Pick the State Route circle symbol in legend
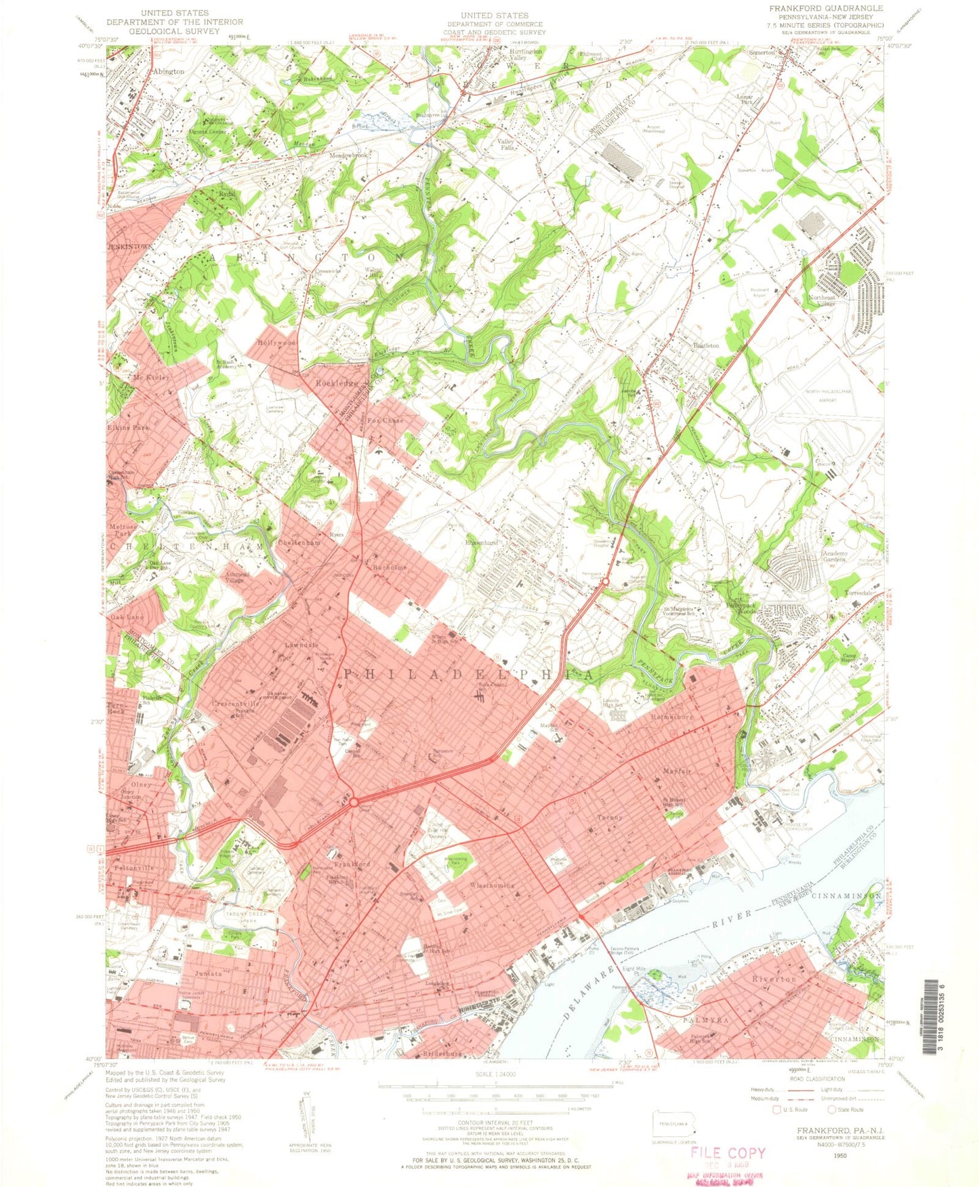[x=832, y=1109]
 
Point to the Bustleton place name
[x=705, y=345]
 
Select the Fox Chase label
[x=379, y=420]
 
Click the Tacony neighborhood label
[x=609, y=818]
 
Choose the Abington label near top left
[x=168, y=71]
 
